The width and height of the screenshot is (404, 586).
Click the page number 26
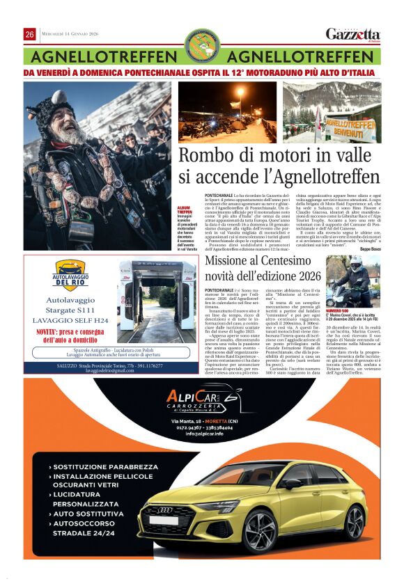coord(30,34)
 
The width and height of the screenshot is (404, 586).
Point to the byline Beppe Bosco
coord(366,248)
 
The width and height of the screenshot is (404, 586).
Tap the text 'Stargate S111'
coord(70,310)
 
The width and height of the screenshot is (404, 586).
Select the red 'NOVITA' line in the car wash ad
coord(69,335)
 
